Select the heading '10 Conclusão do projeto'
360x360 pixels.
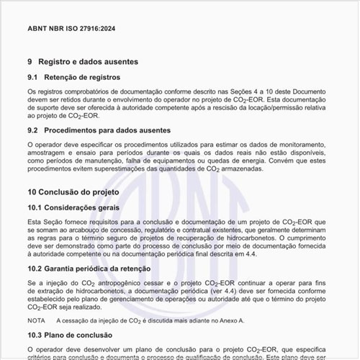click(x=73, y=193)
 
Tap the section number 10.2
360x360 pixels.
click(x=35, y=269)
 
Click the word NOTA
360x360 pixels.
click(x=36, y=320)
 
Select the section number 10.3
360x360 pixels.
click(x=35, y=336)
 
